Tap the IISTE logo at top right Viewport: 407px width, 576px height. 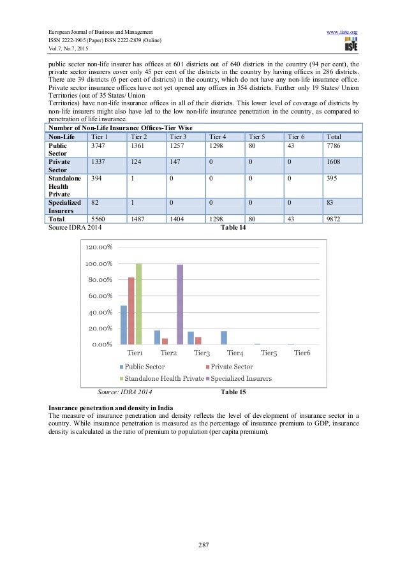350,45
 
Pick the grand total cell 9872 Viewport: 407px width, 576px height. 333,218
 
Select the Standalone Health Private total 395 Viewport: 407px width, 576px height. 333,179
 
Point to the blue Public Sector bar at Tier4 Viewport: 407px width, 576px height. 224,337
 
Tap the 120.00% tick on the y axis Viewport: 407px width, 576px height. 98,247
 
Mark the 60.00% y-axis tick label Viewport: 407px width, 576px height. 98,296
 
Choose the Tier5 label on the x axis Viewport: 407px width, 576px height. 269,353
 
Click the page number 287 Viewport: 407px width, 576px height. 204,545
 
